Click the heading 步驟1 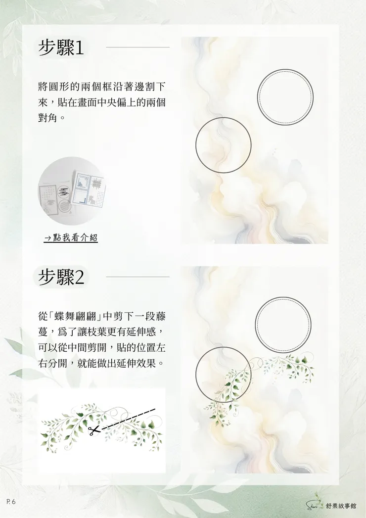click(62, 47)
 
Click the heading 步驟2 click(62, 277)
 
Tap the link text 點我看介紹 click(71, 238)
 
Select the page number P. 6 click(11, 502)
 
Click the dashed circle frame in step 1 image click(285, 97)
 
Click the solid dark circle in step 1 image click(223, 145)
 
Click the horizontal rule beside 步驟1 click(137, 47)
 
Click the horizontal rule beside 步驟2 click(137, 277)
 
